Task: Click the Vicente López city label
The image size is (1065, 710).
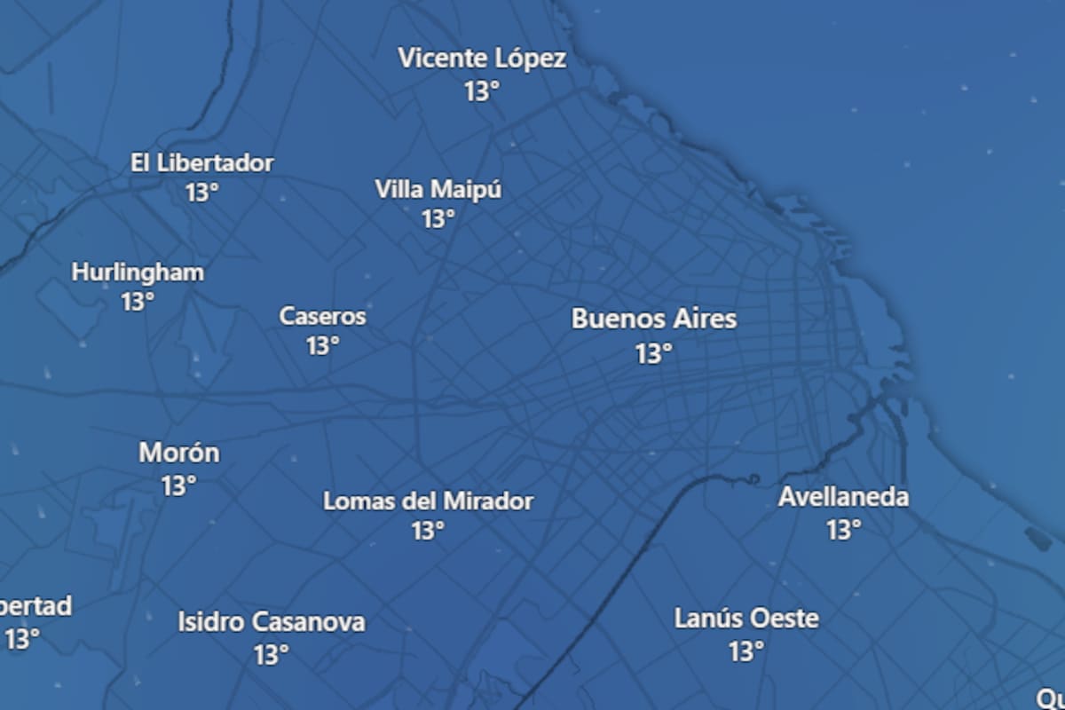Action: point(482,59)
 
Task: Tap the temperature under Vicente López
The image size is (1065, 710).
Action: point(482,91)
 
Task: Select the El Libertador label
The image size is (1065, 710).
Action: point(202,163)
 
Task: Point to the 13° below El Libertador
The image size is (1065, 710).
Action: point(202,192)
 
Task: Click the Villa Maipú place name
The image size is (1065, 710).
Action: point(438,189)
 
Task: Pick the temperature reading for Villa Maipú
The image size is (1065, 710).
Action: point(438,218)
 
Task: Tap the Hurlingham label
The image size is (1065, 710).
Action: point(138,272)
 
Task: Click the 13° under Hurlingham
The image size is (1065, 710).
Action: point(138,302)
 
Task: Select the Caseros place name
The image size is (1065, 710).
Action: point(322,316)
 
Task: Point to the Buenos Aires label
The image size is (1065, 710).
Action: point(654,319)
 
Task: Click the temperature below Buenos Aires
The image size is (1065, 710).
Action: point(654,354)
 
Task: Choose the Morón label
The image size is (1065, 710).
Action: point(178,454)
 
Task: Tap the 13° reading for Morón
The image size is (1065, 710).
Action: point(178,486)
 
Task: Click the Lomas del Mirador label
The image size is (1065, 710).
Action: point(428,501)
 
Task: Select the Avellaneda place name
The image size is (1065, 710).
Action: point(843,497)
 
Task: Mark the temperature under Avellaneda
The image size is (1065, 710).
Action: point(844,530)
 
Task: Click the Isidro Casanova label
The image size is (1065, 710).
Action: point(271,622)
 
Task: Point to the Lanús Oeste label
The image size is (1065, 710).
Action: point(746,619)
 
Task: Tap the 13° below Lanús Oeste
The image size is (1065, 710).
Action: point(746,651)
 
